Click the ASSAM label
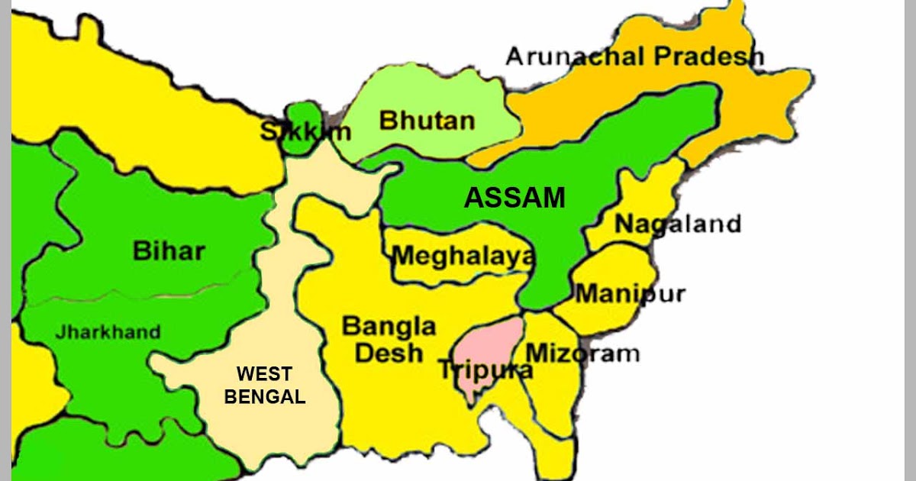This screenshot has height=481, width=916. pos(515,198)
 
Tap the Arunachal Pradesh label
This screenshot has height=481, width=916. pos(635,56)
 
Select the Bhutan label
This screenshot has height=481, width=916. pos(427,120)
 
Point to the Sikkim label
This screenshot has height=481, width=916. pos(305,131)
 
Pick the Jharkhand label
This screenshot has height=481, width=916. pos(108,332)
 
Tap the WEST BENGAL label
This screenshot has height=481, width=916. pos(264,386)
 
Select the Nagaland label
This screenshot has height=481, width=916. pos(678,224)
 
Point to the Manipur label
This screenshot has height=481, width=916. pos(631,293)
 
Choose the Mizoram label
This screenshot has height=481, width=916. pos(582,353)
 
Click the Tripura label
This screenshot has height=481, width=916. pos(485,371)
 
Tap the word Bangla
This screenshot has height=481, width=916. pos(389,327)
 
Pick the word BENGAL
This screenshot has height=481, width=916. pos(264,397)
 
